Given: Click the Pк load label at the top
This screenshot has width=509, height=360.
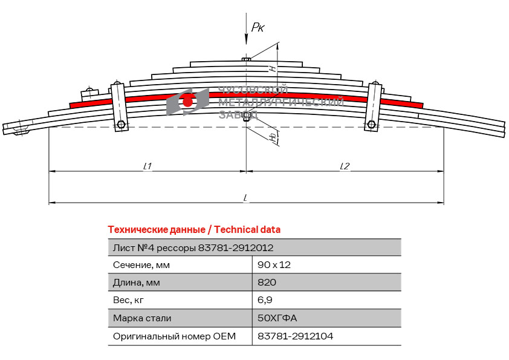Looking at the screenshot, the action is pos(258,27).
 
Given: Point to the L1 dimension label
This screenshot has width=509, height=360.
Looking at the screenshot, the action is pos(148,166).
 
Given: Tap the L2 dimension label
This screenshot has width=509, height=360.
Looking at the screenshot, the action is pos(345,166).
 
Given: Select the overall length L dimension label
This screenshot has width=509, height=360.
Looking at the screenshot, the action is pos(246,197).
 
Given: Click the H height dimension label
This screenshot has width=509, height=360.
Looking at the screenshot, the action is pos(273,68).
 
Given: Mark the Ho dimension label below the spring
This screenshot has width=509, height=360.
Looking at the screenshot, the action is pos(274,137).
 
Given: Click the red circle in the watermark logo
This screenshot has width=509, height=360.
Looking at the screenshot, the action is pos(187,102).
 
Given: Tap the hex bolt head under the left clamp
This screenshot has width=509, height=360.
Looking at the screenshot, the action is pos(121,124).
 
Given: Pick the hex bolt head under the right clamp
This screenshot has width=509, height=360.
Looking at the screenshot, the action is pos(371,124).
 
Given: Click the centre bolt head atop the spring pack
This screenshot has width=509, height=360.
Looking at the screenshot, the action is pos(246,59).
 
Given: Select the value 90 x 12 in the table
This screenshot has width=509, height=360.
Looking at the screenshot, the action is pos(274,265).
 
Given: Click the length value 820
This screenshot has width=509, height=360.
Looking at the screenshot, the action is pos(267,283).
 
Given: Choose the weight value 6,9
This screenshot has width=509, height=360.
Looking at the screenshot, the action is pos(265,300).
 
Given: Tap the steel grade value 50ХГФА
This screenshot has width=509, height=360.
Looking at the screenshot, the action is pos(277,318).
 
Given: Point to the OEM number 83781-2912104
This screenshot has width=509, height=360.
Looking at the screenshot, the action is pos(296,336).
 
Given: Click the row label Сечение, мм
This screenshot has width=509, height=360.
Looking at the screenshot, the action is pos(141,266).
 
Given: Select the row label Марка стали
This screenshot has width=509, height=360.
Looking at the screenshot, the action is pos(142,318).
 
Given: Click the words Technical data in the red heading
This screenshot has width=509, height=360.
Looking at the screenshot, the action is pos(247,230).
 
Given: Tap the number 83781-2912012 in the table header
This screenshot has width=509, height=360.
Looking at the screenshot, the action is pos(236,248).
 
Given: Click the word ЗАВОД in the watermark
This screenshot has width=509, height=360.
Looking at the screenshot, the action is pos(239,115).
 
